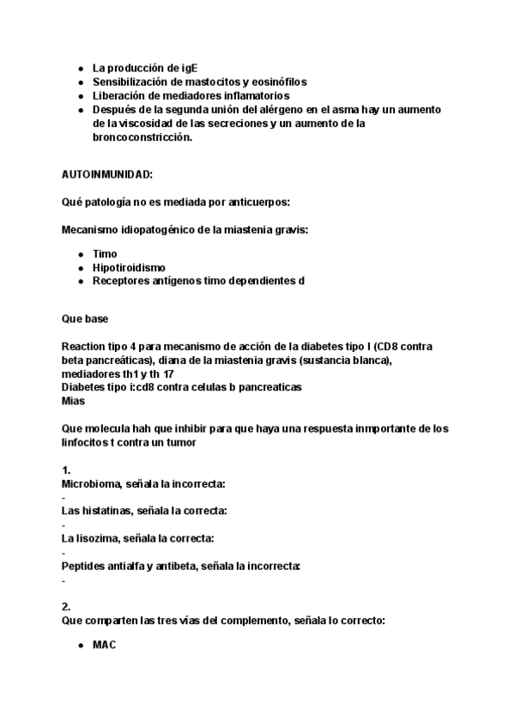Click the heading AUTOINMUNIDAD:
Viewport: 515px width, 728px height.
pyautogui.click(x=107, y=174)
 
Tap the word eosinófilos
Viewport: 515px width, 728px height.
pyautogui.click(x=276, y=82)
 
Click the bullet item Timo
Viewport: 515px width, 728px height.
pyautogui.click(x=105, y=254)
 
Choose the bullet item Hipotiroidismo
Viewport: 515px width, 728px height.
pyautogui.click(x=129, y=268)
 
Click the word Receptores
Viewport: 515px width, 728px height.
pyautogui.click(x=120, y=281)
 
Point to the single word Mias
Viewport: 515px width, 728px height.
pyautogui.click(x=74, y=400)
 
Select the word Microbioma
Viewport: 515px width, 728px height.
pyautogui.click(x=91, y=484)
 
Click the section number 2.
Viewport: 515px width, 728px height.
pyautogui.click(x=66, y=606)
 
